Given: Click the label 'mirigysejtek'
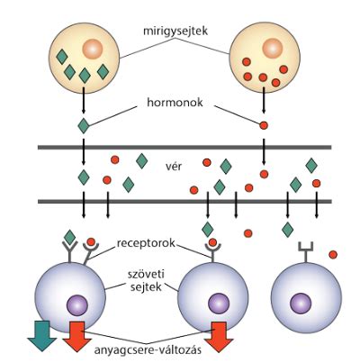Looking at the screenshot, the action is point(175,31).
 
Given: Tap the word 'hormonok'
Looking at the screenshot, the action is point(175,103).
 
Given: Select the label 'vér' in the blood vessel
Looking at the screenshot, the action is point(174,166).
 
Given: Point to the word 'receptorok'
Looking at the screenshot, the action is point(146,243).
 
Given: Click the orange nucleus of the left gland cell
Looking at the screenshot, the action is point(93,49).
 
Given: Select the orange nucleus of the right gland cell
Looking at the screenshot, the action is point(273,48).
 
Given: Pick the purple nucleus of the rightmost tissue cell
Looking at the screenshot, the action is point(301,303).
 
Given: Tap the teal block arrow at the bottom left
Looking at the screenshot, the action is point(42,336).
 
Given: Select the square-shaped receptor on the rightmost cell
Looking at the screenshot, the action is point(306,252).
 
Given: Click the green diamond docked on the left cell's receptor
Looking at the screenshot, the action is point(70,237).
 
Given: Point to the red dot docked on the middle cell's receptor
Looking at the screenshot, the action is point(212,242).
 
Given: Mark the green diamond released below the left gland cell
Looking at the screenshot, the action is point(84,126).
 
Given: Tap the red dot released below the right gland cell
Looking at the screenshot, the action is point(264,125).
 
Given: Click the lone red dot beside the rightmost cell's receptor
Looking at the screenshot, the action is point(333,255).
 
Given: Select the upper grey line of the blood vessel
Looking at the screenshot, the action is point(184,147).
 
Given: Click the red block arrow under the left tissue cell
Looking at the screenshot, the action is point(77,336).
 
